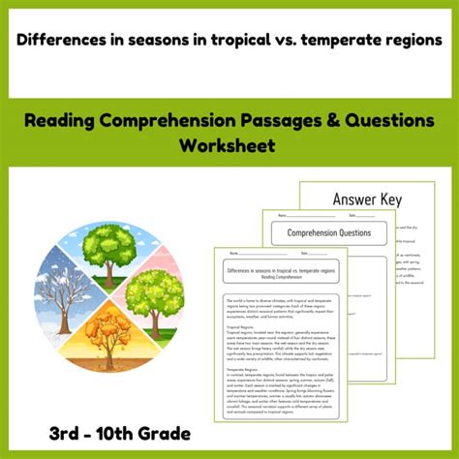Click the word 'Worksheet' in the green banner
pyautogui.click(x=229, y=145)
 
